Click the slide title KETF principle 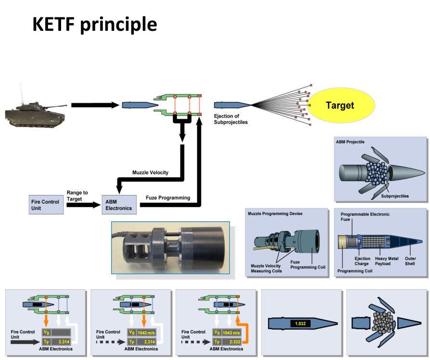tap(95, 25)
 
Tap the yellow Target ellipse tap(340, 105)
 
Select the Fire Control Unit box tap(45, 205)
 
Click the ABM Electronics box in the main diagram tap(119, 205)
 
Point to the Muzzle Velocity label tap(150, 172)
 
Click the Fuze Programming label tap(167, 198)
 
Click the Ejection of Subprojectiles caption tap(231, 119)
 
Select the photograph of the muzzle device tap(170, 251)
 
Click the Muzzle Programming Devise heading tap(275, 213)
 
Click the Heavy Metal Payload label tap(389, 261)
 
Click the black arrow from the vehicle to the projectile tap(94, 104)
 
